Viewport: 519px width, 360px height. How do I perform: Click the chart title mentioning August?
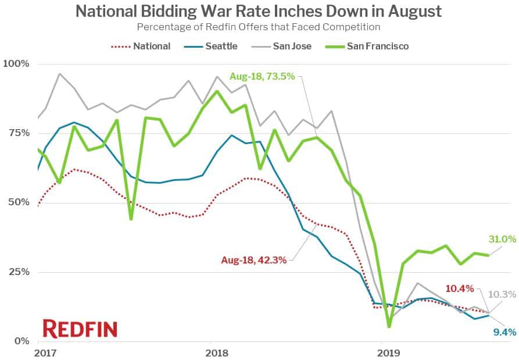(x=259, y=11)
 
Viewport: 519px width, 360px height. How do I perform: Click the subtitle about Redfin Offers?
(x=259, y=27)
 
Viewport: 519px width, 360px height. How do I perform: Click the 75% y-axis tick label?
(x=18, y=133)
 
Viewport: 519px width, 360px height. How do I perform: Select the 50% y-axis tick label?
(x=18, y=202)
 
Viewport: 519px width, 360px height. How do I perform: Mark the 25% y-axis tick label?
(x=18, y=272)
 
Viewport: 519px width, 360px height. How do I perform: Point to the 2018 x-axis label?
(x=217, y=352)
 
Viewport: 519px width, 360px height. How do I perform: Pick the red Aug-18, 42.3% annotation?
(x=253, y=260)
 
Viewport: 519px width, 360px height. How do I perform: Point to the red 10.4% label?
(x=460, y=288)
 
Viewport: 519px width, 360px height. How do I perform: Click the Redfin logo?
(x=80, y=329)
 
